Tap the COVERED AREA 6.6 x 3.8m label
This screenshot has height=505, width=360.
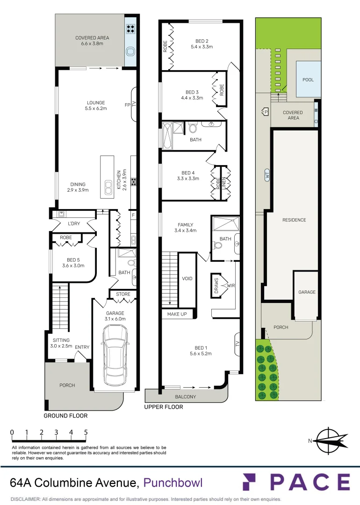[x=92, y=41]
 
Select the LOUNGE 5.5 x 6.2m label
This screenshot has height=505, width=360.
[x=95, y=106]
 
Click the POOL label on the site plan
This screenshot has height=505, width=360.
[x=308, y=80]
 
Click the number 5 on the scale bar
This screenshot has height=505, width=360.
[x=86, y=432]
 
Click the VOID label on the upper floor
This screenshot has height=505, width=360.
[x=187, y=279]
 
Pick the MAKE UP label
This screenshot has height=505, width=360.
[x=177, y=314]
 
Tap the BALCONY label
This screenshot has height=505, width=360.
[x=186, y=397]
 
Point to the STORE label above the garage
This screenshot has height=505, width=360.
[x=123, y=294]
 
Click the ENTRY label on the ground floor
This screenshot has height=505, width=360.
[x=82, y=347]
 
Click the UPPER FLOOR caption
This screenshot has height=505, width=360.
[x=164, y=407]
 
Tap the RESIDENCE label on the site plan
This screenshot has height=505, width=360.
[x=294, y=220]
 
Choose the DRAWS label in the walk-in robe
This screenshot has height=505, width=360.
[x=216, y=286]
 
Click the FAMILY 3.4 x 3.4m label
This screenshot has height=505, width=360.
[x=185, y=228]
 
